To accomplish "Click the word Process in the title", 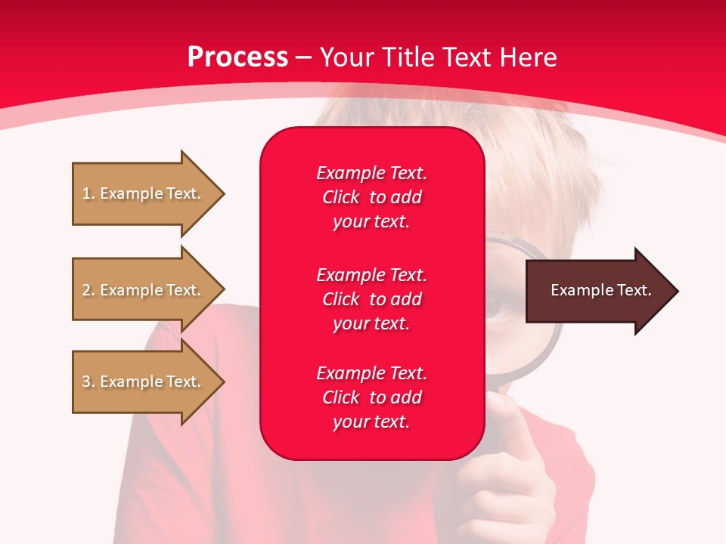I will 237,57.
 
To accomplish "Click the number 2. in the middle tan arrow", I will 88,290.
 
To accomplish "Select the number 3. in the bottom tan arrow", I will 88,382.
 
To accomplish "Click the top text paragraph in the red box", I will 371,197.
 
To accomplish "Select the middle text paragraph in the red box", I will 371,299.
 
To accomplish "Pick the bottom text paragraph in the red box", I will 371,397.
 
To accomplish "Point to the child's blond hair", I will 529,151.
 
